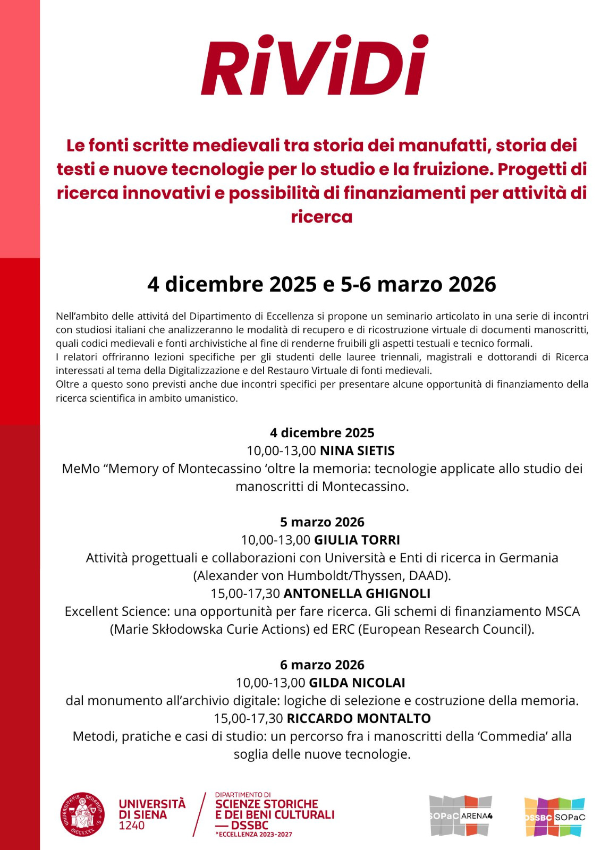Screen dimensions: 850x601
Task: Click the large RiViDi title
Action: point(315,66)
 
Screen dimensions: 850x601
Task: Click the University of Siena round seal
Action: point(82,814)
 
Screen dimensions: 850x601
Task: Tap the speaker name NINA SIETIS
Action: point(357,451)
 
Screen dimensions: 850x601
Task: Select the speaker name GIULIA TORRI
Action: point(357,540)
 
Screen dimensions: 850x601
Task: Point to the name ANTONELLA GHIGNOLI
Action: point(357,593)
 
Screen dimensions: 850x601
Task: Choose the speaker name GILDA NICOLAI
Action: point(357,683)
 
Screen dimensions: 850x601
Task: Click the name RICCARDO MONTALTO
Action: point(359,719)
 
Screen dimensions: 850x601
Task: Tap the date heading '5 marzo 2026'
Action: point(322,522)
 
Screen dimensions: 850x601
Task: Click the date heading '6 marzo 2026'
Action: point(322,665)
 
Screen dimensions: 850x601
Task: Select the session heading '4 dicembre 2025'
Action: point(322,433)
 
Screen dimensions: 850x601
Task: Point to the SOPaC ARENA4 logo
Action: point(461,815)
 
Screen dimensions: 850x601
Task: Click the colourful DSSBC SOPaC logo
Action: point(554,817)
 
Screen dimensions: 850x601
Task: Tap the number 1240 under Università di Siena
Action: point(132,826)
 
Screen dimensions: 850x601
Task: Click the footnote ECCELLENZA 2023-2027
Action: point(254,835)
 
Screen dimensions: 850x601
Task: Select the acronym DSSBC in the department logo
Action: point(250,825)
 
